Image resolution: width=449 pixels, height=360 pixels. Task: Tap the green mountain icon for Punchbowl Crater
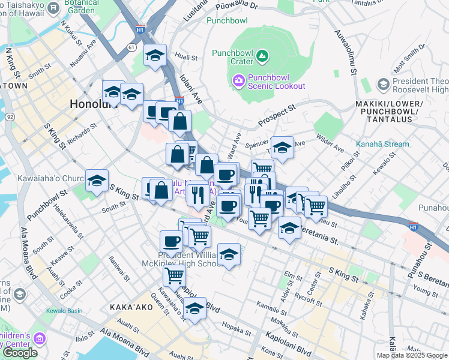pyautogui.click(x=262, y=57)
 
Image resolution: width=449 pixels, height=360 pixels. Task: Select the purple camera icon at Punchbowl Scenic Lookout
pyautogui.click(x=238, y=80)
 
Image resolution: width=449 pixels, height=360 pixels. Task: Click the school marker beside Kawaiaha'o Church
pyautogui.click(x=97, y=180)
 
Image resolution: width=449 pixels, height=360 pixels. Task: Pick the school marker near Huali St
pyautogui.click(x=155, y=56)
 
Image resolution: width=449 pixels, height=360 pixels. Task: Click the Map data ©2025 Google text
pyautogui.click(x=411, y=355)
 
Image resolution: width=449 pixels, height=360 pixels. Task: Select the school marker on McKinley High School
pyautogui.click(x=229, y=254)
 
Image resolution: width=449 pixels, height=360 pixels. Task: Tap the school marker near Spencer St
pyautogui.click(x=282, y=147)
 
